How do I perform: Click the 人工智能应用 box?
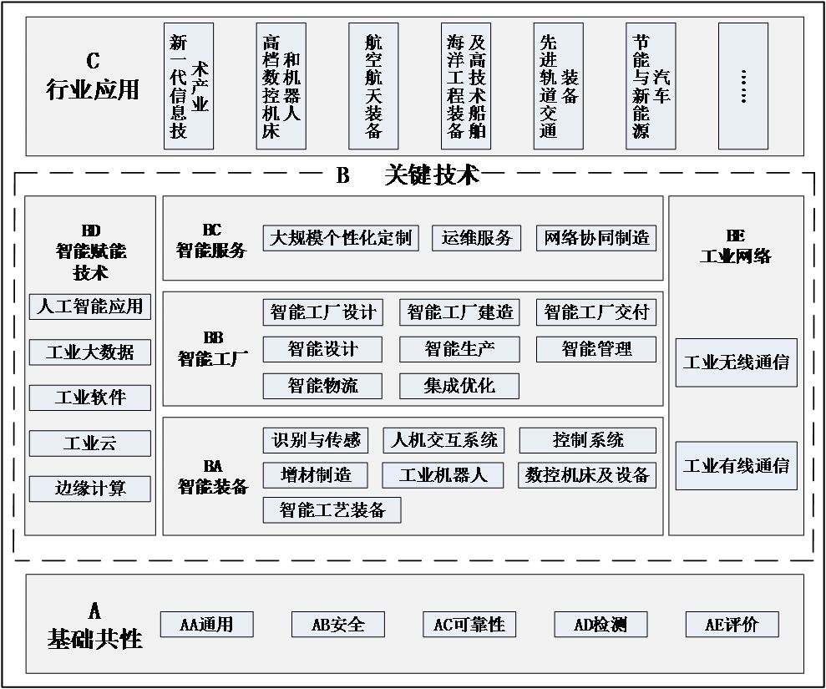point(90,307)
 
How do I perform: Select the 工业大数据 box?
point(90,352)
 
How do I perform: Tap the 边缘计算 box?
point(90,489)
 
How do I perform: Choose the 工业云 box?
point(90,443)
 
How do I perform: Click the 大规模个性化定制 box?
point(341,238)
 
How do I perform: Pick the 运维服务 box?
point(477,238)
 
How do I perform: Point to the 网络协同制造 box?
point(596,238)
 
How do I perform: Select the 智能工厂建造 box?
point(459,313)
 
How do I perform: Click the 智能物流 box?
point(322,386)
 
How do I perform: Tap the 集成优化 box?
point(459,386)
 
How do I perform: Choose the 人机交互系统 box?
point(444,440)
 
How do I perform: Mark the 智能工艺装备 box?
point(332,510)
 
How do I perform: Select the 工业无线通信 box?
point(736,362)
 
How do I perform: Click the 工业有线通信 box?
point(736,466)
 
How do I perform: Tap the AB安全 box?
point(338,624)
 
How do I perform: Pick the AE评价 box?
point(732,624)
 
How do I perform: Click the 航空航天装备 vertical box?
point(373,86)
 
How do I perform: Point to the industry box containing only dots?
point(743,86)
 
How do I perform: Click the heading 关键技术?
point(432,175)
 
